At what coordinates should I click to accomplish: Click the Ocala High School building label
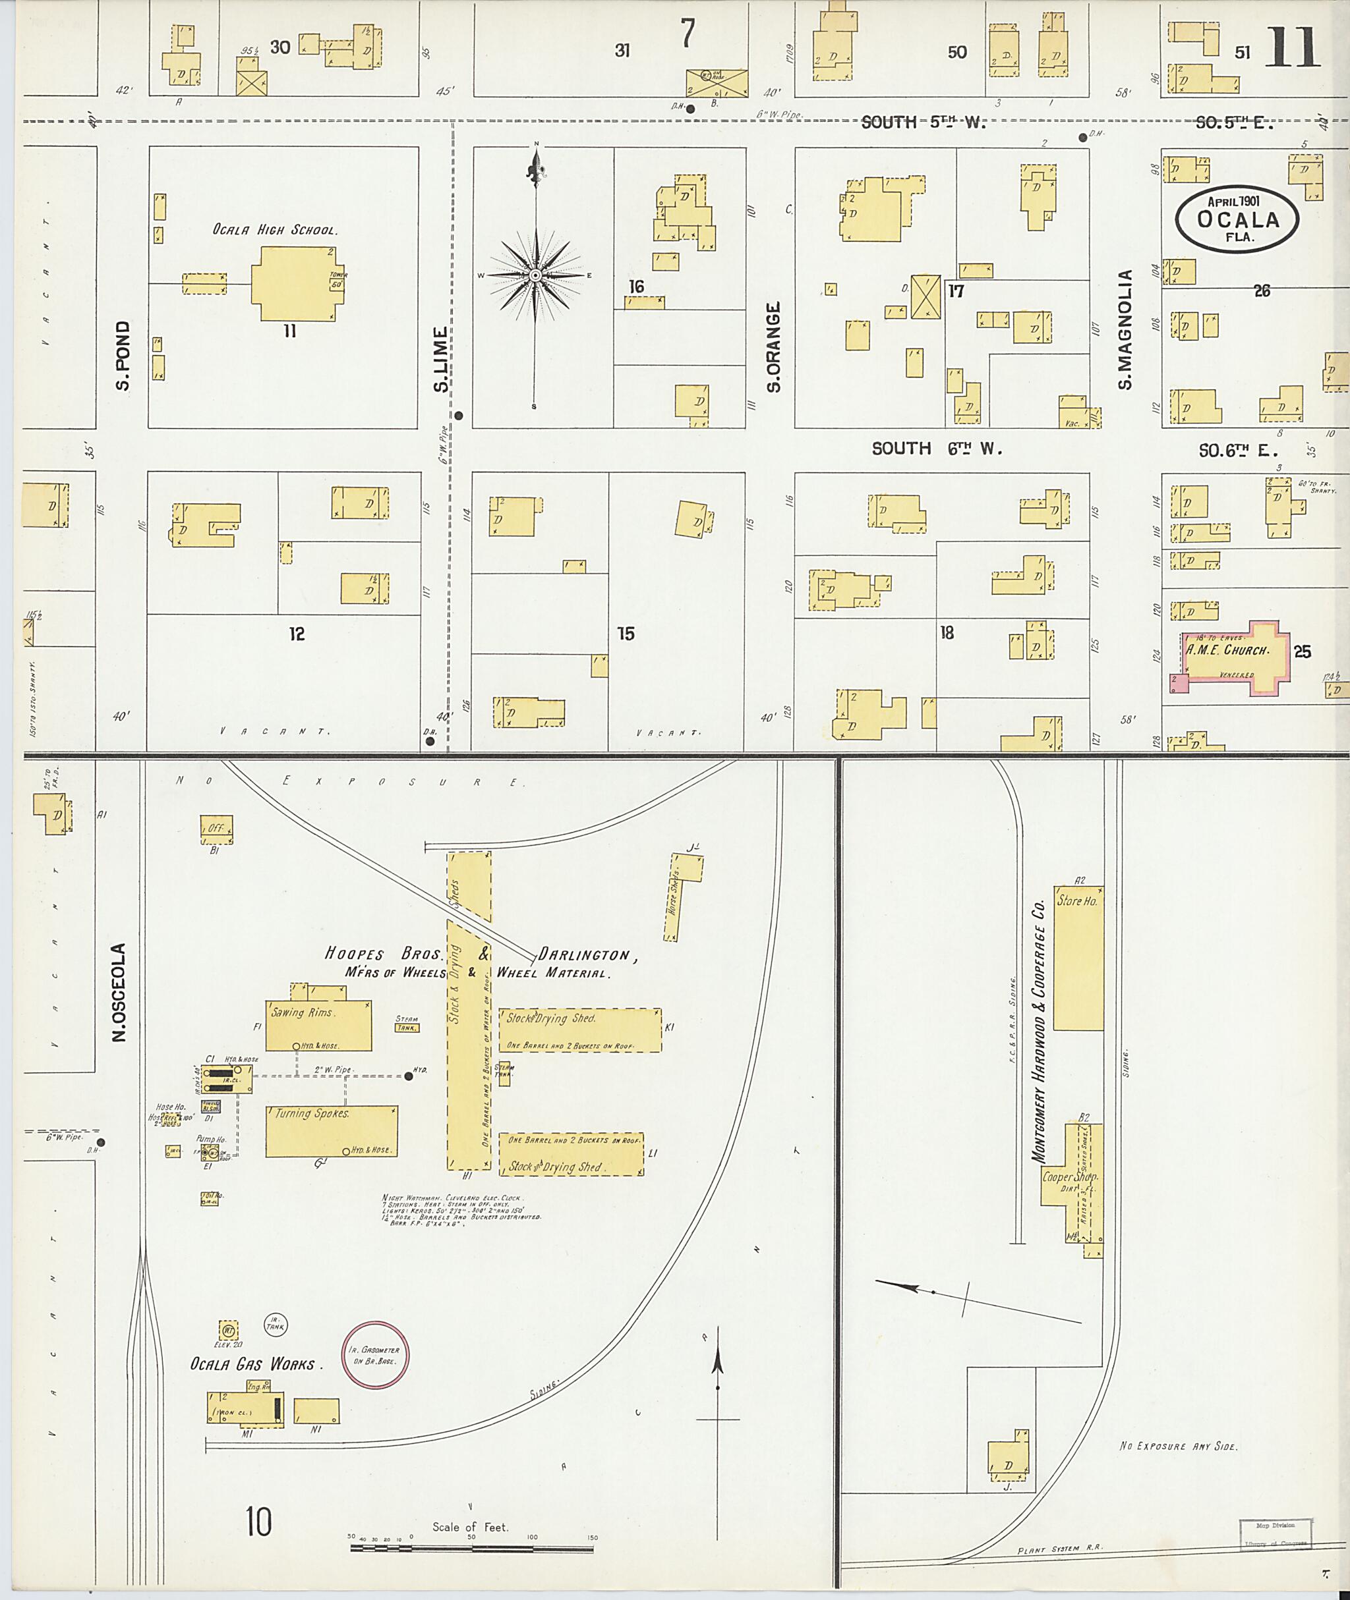tap(275, 229)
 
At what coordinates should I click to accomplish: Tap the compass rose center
tap(536, 275)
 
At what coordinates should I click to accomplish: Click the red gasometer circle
tap(375, 1356)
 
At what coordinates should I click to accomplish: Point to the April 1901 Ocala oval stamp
tap(1237, 219)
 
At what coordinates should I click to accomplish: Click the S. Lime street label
tap(441, 360)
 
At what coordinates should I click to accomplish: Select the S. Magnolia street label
tap(1125, 329)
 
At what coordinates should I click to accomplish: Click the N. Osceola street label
tap(119, 992)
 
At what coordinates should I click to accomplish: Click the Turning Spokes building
tap(332, 1130)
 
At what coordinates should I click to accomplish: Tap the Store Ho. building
tap(1078, 958)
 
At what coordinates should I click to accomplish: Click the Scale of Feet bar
tap(471, 1549)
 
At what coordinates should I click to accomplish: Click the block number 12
tap(297, 633)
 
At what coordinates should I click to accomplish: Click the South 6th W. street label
tap(937, 449)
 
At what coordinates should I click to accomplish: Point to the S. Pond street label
tap(123, 355)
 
